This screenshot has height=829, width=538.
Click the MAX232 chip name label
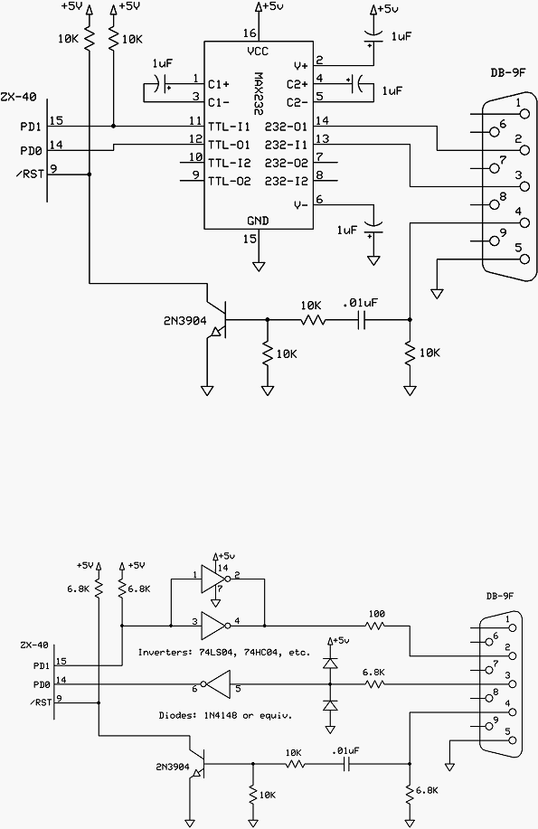(x=260, y=91)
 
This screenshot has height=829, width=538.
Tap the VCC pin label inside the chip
(x=258, y=52)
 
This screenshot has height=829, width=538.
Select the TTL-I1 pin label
(x=229, y=127)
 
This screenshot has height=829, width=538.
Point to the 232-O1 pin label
(x=287, y=127)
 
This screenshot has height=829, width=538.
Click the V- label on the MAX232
(x=300, y=205)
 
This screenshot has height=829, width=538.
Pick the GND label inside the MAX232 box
(x=259, y=221)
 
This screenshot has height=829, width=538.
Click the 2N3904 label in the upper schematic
(x=185, y=320)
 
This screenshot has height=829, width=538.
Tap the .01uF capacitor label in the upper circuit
(x=360, y=303)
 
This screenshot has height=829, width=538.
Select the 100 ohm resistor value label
(x=376, y=614)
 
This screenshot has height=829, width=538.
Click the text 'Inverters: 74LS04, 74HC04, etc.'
(x=224, y=653)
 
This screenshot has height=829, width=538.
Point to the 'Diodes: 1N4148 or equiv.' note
(x=225, y=715)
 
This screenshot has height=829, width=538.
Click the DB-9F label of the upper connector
(x=508, y=73)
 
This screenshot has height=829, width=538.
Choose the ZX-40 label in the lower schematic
(x=33, y=645)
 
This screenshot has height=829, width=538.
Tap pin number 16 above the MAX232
(x=250, y=33)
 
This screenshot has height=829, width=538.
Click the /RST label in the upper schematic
(x=30, y=174)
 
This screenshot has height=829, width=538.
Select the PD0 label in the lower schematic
(x=42, y=684)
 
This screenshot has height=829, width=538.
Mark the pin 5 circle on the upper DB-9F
(x=524, y=259)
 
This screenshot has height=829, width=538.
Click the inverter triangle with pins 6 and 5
(x=216, y=684)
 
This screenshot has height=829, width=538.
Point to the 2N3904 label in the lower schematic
(x=173, y=767)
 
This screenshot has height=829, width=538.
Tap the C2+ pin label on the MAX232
(x=297, y=84)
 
